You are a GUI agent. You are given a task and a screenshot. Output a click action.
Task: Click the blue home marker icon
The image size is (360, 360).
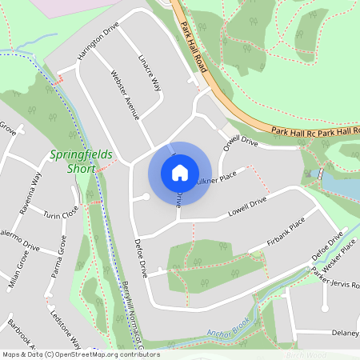[x=179, y=172]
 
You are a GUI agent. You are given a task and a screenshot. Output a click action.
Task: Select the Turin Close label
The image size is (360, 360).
[x=61, y=214]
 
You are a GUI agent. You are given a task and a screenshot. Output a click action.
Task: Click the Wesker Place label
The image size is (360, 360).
[x=338, y=257]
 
